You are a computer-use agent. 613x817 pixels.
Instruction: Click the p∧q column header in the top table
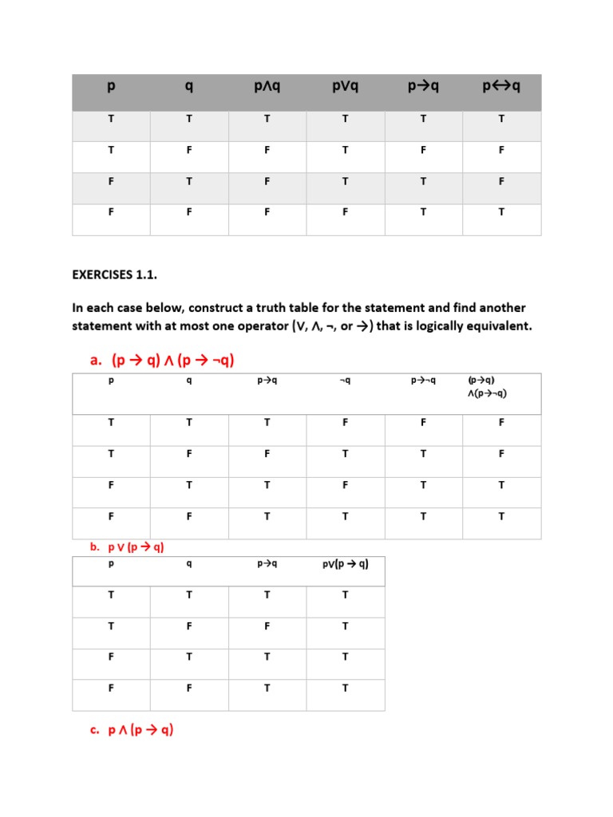267,85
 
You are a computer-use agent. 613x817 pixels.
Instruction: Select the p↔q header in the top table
501,85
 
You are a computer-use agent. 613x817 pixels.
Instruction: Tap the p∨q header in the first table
346,85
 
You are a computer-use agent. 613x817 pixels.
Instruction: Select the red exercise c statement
132,729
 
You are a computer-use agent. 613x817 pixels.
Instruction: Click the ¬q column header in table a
345,381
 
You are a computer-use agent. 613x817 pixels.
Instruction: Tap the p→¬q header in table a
423,381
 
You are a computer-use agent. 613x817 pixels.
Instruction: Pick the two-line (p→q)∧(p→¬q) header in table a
488,386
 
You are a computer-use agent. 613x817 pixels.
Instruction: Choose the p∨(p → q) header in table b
345,564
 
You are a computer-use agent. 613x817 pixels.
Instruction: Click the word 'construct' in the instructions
218,307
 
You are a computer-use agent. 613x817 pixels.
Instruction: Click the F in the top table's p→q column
423,149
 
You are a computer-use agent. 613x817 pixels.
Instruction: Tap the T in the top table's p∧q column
267,118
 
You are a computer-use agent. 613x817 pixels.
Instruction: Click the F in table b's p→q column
267,626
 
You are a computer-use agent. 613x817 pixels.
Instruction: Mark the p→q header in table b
267,564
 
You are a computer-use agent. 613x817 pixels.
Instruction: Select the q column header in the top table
189,85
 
